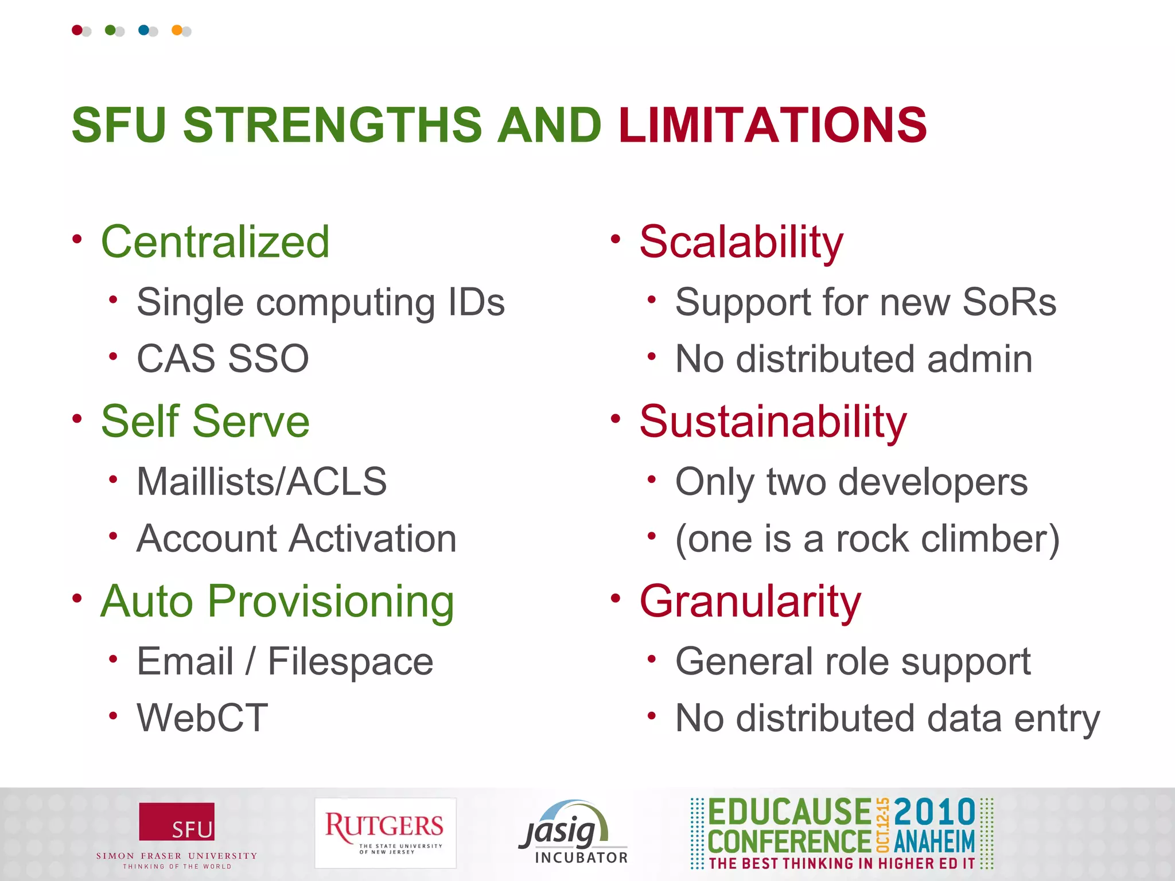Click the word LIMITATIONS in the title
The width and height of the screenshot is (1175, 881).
(772, 125)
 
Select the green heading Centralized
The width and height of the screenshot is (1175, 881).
(215, 241)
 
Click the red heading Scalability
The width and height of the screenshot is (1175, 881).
(741, 243)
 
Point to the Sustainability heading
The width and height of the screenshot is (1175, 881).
(773, 422)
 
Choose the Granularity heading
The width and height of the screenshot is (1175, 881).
(750, 601)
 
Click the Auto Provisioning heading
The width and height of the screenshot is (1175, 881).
(278, 601)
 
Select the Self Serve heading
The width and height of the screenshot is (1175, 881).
(205, 422)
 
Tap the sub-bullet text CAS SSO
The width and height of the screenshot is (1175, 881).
(223, 359)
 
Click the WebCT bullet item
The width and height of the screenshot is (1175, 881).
(202, 718)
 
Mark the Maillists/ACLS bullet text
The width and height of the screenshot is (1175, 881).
(262, 481)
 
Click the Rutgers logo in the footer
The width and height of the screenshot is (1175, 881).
(385, 832)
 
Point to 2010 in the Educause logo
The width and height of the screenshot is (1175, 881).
(935, 812)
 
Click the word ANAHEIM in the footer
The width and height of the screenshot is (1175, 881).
(935, 842)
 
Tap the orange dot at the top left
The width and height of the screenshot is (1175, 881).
(177, 30)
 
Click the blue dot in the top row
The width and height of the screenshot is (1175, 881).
(144, 30)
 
